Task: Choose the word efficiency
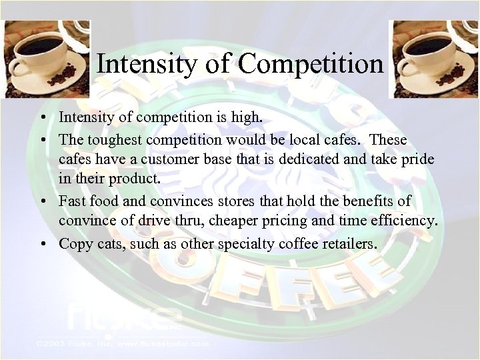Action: coord(406,221)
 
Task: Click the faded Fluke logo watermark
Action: coord(123,316)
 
